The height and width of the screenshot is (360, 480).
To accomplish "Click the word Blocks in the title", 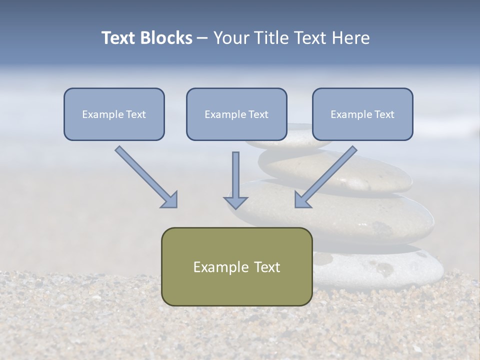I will pos(167,38).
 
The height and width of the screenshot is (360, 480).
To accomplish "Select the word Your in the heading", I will pos(229,38).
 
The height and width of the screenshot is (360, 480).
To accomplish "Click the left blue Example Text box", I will pos(114,125).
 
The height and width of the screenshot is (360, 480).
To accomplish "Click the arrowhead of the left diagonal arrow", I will pos(170,200).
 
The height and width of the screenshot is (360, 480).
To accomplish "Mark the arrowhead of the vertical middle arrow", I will pos(235,202).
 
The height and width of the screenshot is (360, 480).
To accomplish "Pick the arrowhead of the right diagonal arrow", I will pos(301,200).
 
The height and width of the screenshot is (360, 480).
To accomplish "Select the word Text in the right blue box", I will pos(384,114).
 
